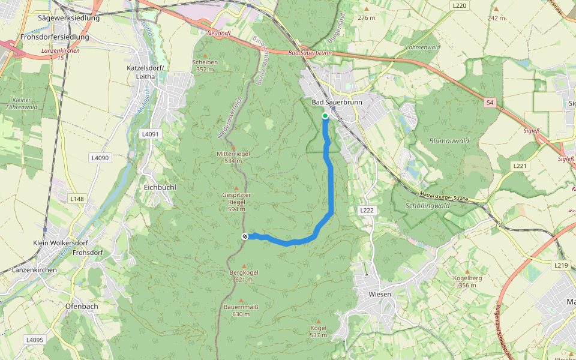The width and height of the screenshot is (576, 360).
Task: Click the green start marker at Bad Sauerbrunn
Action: coord(325,116)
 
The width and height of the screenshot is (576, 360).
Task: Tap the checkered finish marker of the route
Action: coord(245,236)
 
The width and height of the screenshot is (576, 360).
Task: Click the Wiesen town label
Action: coord(380,294)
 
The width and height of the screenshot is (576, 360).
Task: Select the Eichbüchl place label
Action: coord(160,187)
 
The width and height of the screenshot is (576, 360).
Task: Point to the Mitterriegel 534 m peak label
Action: coord(233,157)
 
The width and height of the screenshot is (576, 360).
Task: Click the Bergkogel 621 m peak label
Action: coord(244,276)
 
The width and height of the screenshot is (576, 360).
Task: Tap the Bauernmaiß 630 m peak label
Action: coord(241,310)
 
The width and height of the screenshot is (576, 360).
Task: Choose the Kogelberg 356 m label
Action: coord(467,281)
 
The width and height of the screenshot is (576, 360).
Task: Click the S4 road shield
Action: coord(490,103)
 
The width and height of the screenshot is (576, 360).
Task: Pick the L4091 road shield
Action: coord(150,134)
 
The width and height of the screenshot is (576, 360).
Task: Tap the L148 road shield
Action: coord(77,199)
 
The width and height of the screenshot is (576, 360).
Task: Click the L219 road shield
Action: coord(561,265)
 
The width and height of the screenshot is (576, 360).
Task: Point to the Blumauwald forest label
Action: coord(449,141)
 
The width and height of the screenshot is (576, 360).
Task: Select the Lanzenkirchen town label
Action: coord(34,270)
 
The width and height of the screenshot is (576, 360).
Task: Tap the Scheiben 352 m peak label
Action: coord(205,65)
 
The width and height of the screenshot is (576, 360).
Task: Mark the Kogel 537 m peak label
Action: coord(318,331)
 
